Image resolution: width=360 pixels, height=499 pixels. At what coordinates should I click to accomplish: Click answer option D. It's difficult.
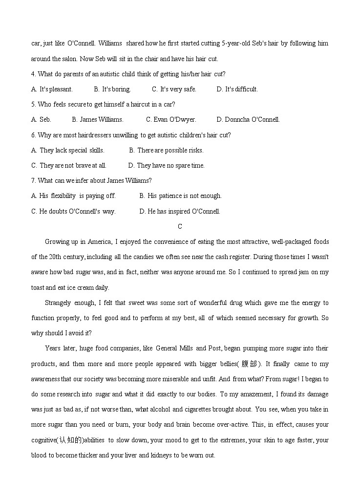[x=237, y=89]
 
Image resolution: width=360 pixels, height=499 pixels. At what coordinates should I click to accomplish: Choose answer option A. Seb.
[x=41, y=119]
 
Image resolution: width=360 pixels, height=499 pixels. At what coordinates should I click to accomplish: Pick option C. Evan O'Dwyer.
[x=171, y=119]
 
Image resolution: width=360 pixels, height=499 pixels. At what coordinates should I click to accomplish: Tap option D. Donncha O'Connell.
[x=248, y=119]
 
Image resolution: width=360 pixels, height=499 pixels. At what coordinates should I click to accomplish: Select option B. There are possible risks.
[x=166, y=150]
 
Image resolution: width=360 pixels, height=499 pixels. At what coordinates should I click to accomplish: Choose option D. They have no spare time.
[x=166, y=165]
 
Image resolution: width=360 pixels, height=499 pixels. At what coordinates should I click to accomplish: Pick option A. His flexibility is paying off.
[x=73, y=195]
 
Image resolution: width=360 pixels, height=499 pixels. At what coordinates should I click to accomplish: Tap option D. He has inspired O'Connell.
[x=180, y=211]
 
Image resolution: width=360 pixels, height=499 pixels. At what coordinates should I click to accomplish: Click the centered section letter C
[x=180, y=226]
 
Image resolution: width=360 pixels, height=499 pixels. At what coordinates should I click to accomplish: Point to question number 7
[x=33, y=180]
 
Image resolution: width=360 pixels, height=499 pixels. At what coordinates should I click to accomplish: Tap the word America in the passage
[x=100, y=241]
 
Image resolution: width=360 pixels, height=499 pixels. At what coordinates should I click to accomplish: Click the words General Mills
[x=174, y=348]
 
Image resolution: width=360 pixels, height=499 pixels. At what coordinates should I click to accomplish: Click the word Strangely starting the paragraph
[x=58, y=303]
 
